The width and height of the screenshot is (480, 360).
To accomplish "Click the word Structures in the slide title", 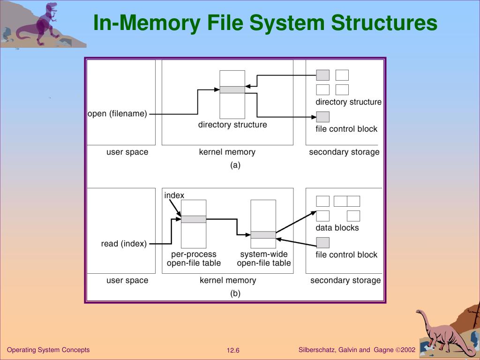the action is click(384, 22).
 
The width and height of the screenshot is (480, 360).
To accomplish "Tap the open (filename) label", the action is click(117, 113).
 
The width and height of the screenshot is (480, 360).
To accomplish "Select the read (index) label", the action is click(124, 244).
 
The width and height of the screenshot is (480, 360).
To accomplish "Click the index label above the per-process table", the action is click(174, 195).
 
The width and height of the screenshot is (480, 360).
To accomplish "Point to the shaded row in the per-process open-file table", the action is click(194, 219).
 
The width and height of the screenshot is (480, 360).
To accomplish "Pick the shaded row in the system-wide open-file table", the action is click(263, 235).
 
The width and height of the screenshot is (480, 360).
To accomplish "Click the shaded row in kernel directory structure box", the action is click(232, 90).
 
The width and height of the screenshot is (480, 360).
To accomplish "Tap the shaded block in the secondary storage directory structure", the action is click(322, 75).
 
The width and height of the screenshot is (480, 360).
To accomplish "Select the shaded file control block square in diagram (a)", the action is click(322, 117).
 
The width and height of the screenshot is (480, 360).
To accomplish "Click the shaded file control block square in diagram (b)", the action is click(322, 243).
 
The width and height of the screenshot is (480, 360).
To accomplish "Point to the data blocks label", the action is click(337, 228).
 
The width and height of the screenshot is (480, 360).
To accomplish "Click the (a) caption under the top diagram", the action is click(235, 165).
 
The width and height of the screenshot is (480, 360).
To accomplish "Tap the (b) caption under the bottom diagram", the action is click(235, 293).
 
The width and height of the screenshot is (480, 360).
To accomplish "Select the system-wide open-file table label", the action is click(264, 259).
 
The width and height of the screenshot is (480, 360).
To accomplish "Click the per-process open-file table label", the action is click(194, 259).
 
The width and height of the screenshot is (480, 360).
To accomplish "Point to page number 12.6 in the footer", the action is click(233, 351).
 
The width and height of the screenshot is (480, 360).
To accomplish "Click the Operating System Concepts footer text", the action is click(48, 350).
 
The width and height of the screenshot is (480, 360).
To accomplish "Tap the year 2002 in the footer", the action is click(408, 350).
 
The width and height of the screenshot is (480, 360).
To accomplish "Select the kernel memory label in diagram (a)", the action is click(227, 152).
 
